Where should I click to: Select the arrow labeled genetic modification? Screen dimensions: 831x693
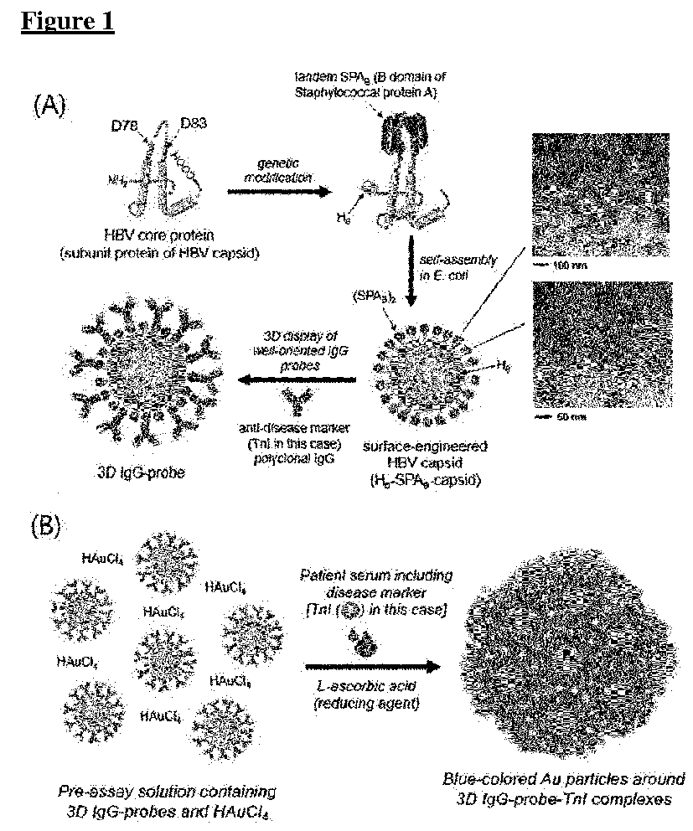(x=273, y=191)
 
